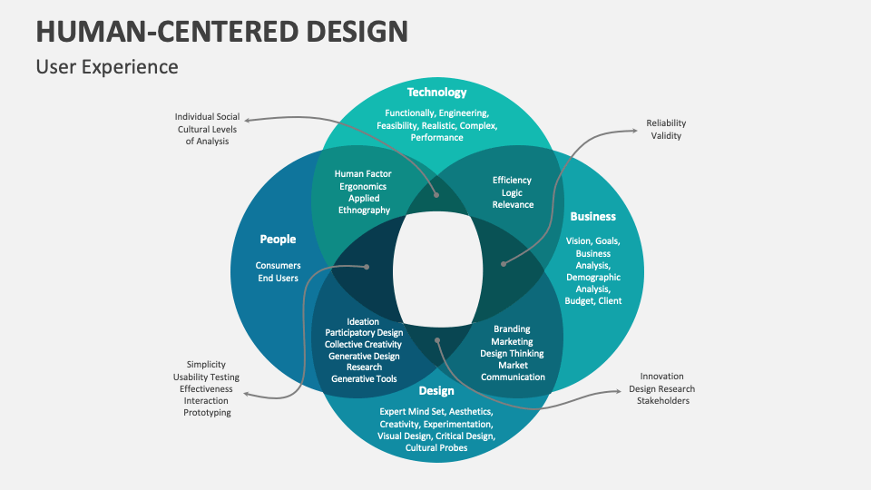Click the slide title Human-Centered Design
221,31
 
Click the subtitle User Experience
107,67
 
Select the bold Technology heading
436,92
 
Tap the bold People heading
278,240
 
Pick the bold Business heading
592,216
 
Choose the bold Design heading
436,391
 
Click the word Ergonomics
364,186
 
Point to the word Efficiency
513,181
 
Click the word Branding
513,329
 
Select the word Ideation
363,321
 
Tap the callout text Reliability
667,122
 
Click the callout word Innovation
661,376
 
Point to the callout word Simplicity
207,364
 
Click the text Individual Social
207,117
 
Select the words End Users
278,279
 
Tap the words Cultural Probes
436,448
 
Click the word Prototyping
207,413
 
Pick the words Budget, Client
593,300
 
